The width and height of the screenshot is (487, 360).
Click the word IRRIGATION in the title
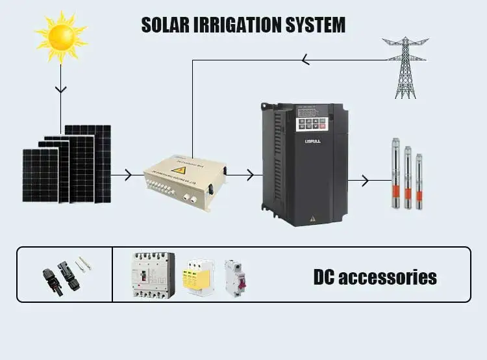coord(236,25)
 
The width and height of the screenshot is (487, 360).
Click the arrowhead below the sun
coord(60,88)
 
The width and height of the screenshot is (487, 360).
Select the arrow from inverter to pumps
coord(365,179)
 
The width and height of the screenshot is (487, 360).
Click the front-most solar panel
coord(40,175)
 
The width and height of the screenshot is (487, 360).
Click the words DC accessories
coord(375,277)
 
